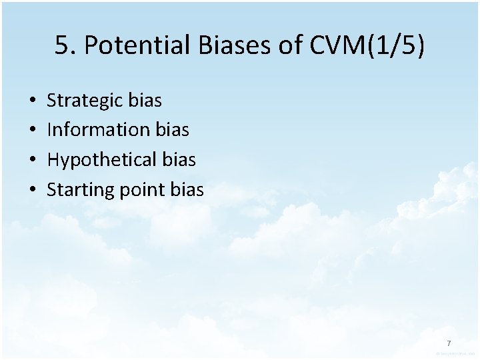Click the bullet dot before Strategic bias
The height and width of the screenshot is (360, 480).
(x=33, y=101)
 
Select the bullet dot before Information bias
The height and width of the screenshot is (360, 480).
(x=33, y=130)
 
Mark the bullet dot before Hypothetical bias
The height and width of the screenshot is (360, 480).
(x=33, y=160)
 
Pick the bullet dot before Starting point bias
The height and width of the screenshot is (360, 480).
(x=33, y=190)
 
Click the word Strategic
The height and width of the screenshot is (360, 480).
(x=85, y=101)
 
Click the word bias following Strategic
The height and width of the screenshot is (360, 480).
(x=145, y=101)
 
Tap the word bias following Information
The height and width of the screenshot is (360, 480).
(x=172, y=130)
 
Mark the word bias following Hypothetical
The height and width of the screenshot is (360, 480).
(x=179, y=160)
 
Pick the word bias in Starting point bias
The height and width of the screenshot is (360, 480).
(x=187, y=190)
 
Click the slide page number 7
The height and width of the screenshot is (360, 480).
(x=449, y=343)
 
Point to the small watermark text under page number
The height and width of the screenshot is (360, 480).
(x=455, y=353)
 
